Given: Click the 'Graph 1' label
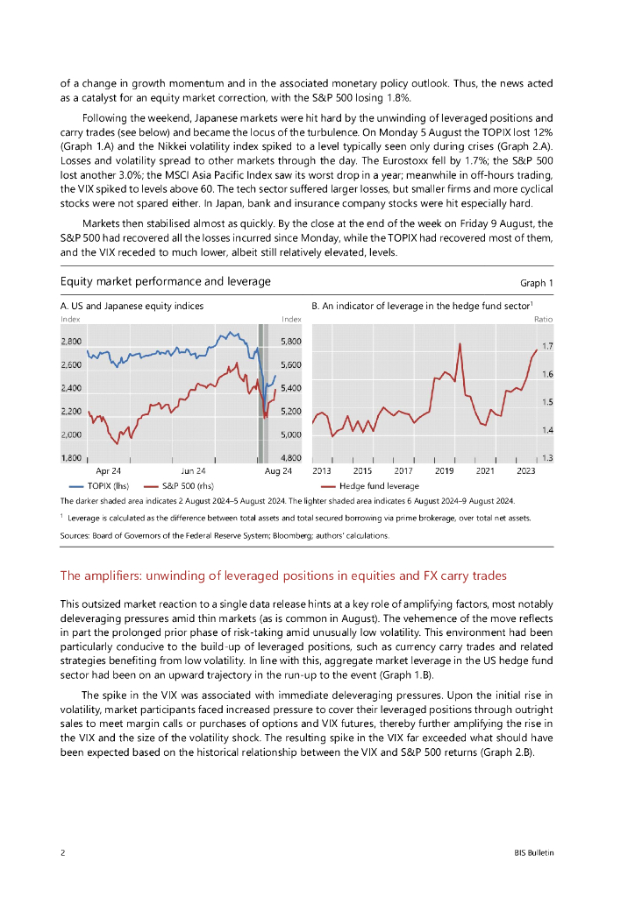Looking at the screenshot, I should click(537, 283).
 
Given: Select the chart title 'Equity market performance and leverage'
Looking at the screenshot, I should click(166, 281).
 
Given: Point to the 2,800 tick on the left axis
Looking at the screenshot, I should click(71, 341).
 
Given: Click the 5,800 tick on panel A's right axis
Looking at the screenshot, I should click(290, 341).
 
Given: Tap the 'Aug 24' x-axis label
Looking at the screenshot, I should click(278, 471).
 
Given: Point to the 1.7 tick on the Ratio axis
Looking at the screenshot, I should click(548, 347).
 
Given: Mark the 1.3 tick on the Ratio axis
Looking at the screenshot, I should click(548, 458).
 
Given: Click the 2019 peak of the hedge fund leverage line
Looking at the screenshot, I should click(460, 343).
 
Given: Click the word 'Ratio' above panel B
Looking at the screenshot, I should click(544, 320).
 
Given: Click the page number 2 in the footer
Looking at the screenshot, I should click(62, 852).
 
